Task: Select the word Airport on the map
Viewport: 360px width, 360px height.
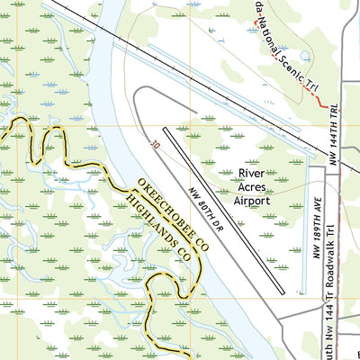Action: (252, 201)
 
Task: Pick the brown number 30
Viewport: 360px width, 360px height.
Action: (155, 142)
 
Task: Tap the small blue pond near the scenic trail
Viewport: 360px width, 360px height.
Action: (306, 57)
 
